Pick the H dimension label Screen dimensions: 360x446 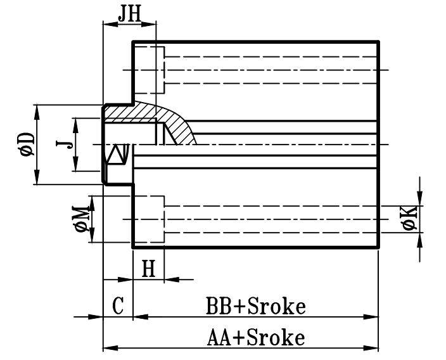(x=148, y=269)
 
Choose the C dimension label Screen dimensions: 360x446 (x=117, y=307)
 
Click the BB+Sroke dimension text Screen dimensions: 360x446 (x=255, y=307)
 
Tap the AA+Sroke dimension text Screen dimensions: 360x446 (x=257, y=337)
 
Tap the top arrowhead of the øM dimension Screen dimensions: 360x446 (x=91, y=202)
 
